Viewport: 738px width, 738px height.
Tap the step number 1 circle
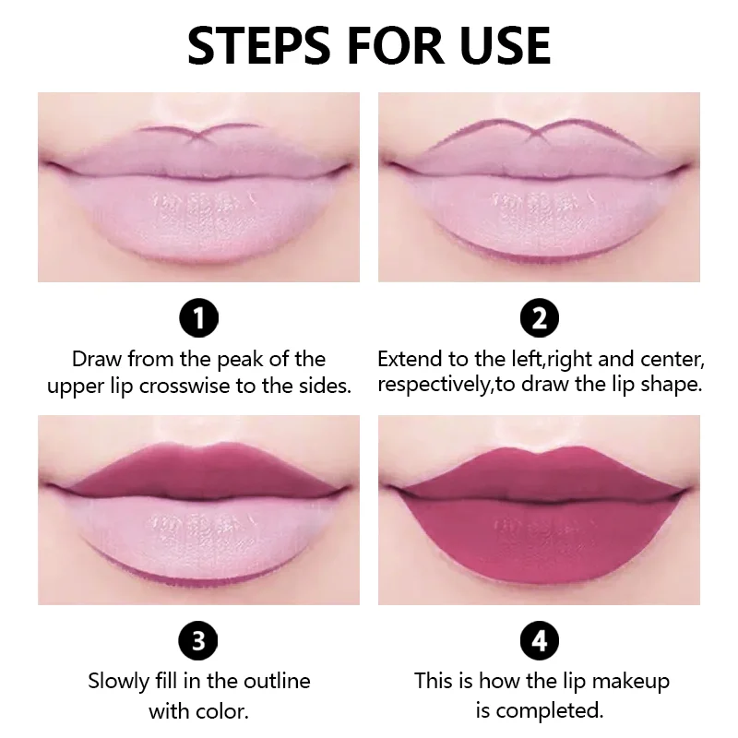point(198,319)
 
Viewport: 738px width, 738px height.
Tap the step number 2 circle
point(540,319)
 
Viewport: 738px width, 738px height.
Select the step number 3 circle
point(198,639)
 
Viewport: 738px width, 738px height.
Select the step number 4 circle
point(540,639)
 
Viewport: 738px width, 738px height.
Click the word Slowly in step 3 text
point(119,683)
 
